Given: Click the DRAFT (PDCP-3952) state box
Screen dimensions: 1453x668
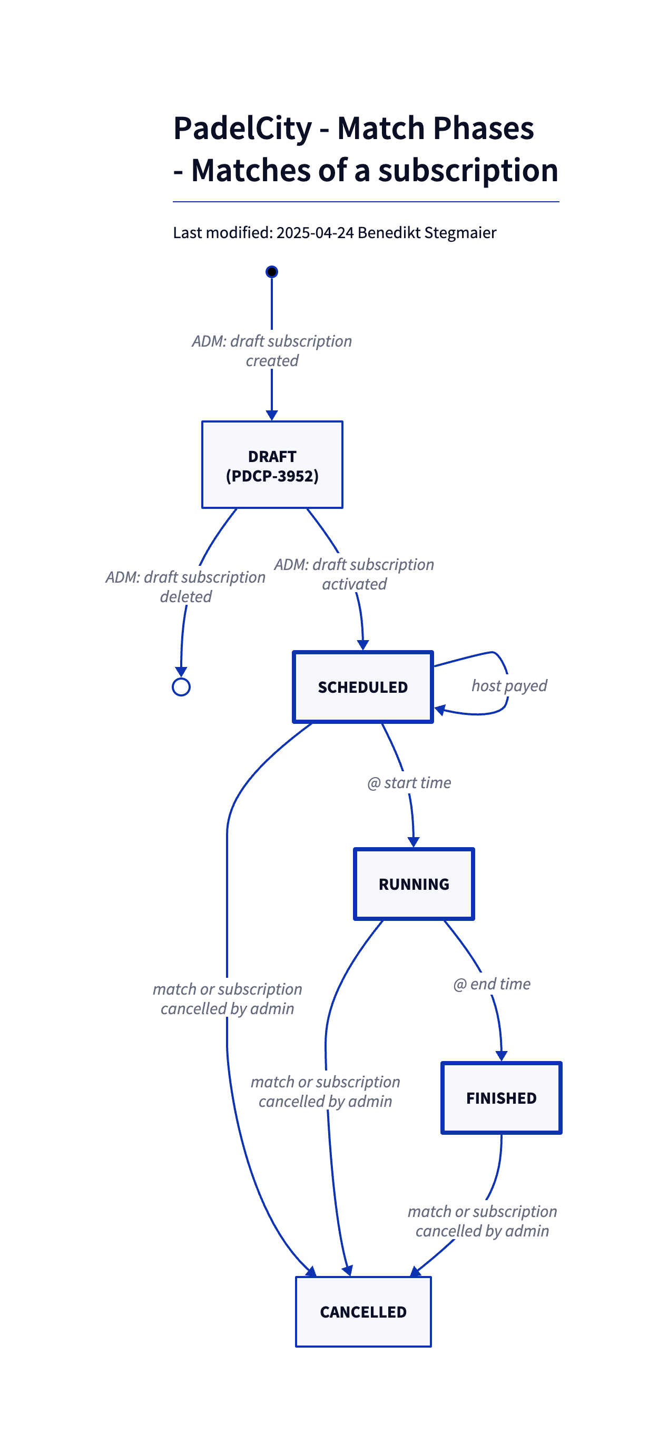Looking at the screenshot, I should pos(272,465).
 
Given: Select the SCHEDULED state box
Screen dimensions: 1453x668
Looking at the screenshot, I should pos(363,687).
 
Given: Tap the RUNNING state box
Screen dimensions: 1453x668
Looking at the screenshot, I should pos(414,884).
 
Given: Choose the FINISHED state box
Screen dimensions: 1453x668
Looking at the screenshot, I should pos(501,1097).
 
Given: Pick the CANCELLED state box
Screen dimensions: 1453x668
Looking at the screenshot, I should pos(363,1311).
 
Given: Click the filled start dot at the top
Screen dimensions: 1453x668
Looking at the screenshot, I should pos(272,272).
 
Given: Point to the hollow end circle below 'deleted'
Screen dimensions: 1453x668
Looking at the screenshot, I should pos(181,687).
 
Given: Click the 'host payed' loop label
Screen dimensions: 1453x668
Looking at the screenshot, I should pos(509,686).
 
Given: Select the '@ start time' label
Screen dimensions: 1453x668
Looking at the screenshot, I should pos(409,783).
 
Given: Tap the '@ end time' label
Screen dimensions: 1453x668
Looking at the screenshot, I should pos(492,984).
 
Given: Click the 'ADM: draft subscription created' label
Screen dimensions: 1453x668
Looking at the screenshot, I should pos(272,351).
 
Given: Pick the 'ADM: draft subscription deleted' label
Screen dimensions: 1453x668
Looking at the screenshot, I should pos(185,586).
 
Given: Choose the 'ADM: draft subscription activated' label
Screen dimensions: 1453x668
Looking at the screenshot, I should pos(355,574).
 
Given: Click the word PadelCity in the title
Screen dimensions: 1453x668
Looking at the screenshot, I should pos(243,128).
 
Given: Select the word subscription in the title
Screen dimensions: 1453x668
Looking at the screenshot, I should pos(468,170).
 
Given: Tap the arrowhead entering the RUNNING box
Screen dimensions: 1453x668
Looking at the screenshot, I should pos(414,842).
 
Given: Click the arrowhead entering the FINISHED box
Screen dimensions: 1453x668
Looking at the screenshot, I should pos(501,1056).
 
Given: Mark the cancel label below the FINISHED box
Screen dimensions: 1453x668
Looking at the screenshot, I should pos(483,1221).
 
